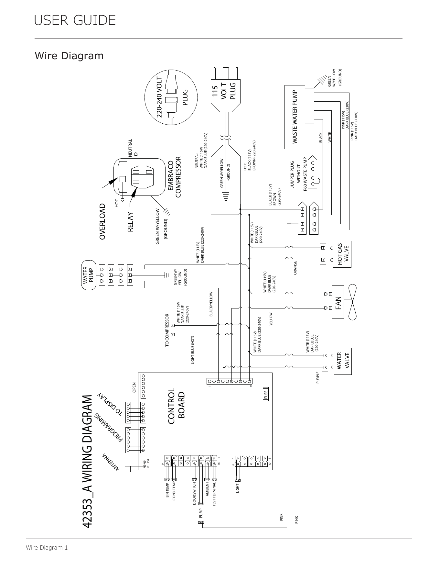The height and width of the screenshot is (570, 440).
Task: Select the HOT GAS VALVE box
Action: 342,254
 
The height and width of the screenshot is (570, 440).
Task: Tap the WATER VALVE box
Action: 342,361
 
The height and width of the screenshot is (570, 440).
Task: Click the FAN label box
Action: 338,302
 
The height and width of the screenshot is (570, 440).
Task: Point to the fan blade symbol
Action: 351,302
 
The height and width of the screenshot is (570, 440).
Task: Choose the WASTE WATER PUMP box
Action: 295,117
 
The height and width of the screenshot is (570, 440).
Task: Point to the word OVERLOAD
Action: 102,221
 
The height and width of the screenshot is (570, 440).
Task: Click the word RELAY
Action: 130,222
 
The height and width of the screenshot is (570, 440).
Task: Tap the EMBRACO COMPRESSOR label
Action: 174,177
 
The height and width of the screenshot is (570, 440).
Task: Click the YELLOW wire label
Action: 271,319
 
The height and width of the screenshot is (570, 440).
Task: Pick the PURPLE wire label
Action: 318,378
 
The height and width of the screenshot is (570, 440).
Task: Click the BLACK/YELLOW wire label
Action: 211,304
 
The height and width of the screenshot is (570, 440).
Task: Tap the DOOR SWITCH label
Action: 194,494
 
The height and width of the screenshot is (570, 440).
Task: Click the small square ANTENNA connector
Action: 127,469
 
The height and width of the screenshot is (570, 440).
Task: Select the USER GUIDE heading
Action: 75,20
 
